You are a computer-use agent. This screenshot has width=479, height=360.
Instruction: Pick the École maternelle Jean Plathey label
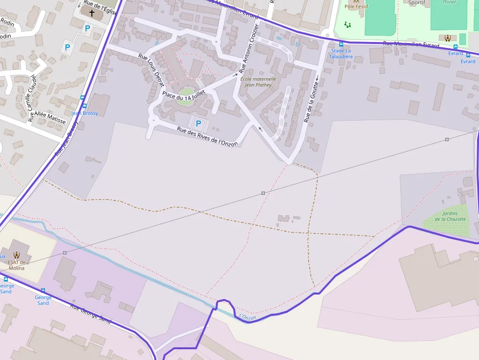tap(259, 82)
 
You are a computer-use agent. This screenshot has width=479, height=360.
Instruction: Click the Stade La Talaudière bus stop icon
tap(341, 44)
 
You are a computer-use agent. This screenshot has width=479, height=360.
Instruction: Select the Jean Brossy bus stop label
tap(85, 113)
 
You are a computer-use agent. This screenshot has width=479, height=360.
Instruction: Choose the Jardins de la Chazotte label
tap(450, 216)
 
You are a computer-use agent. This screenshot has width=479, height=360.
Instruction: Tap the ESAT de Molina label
tap(16, 265)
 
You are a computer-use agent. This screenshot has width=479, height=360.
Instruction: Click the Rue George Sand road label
tap(90, 314)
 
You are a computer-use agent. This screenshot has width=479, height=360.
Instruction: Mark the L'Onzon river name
tap(248, 318)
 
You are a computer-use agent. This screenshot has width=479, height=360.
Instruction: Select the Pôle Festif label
tap(356, 6)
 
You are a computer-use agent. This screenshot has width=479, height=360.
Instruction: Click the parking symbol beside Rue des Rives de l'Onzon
tap(198, 124)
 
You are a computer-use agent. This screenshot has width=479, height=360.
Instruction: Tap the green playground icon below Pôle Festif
tap(348, 24)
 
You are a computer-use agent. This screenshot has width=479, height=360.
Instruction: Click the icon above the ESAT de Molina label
tap(17, 254)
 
